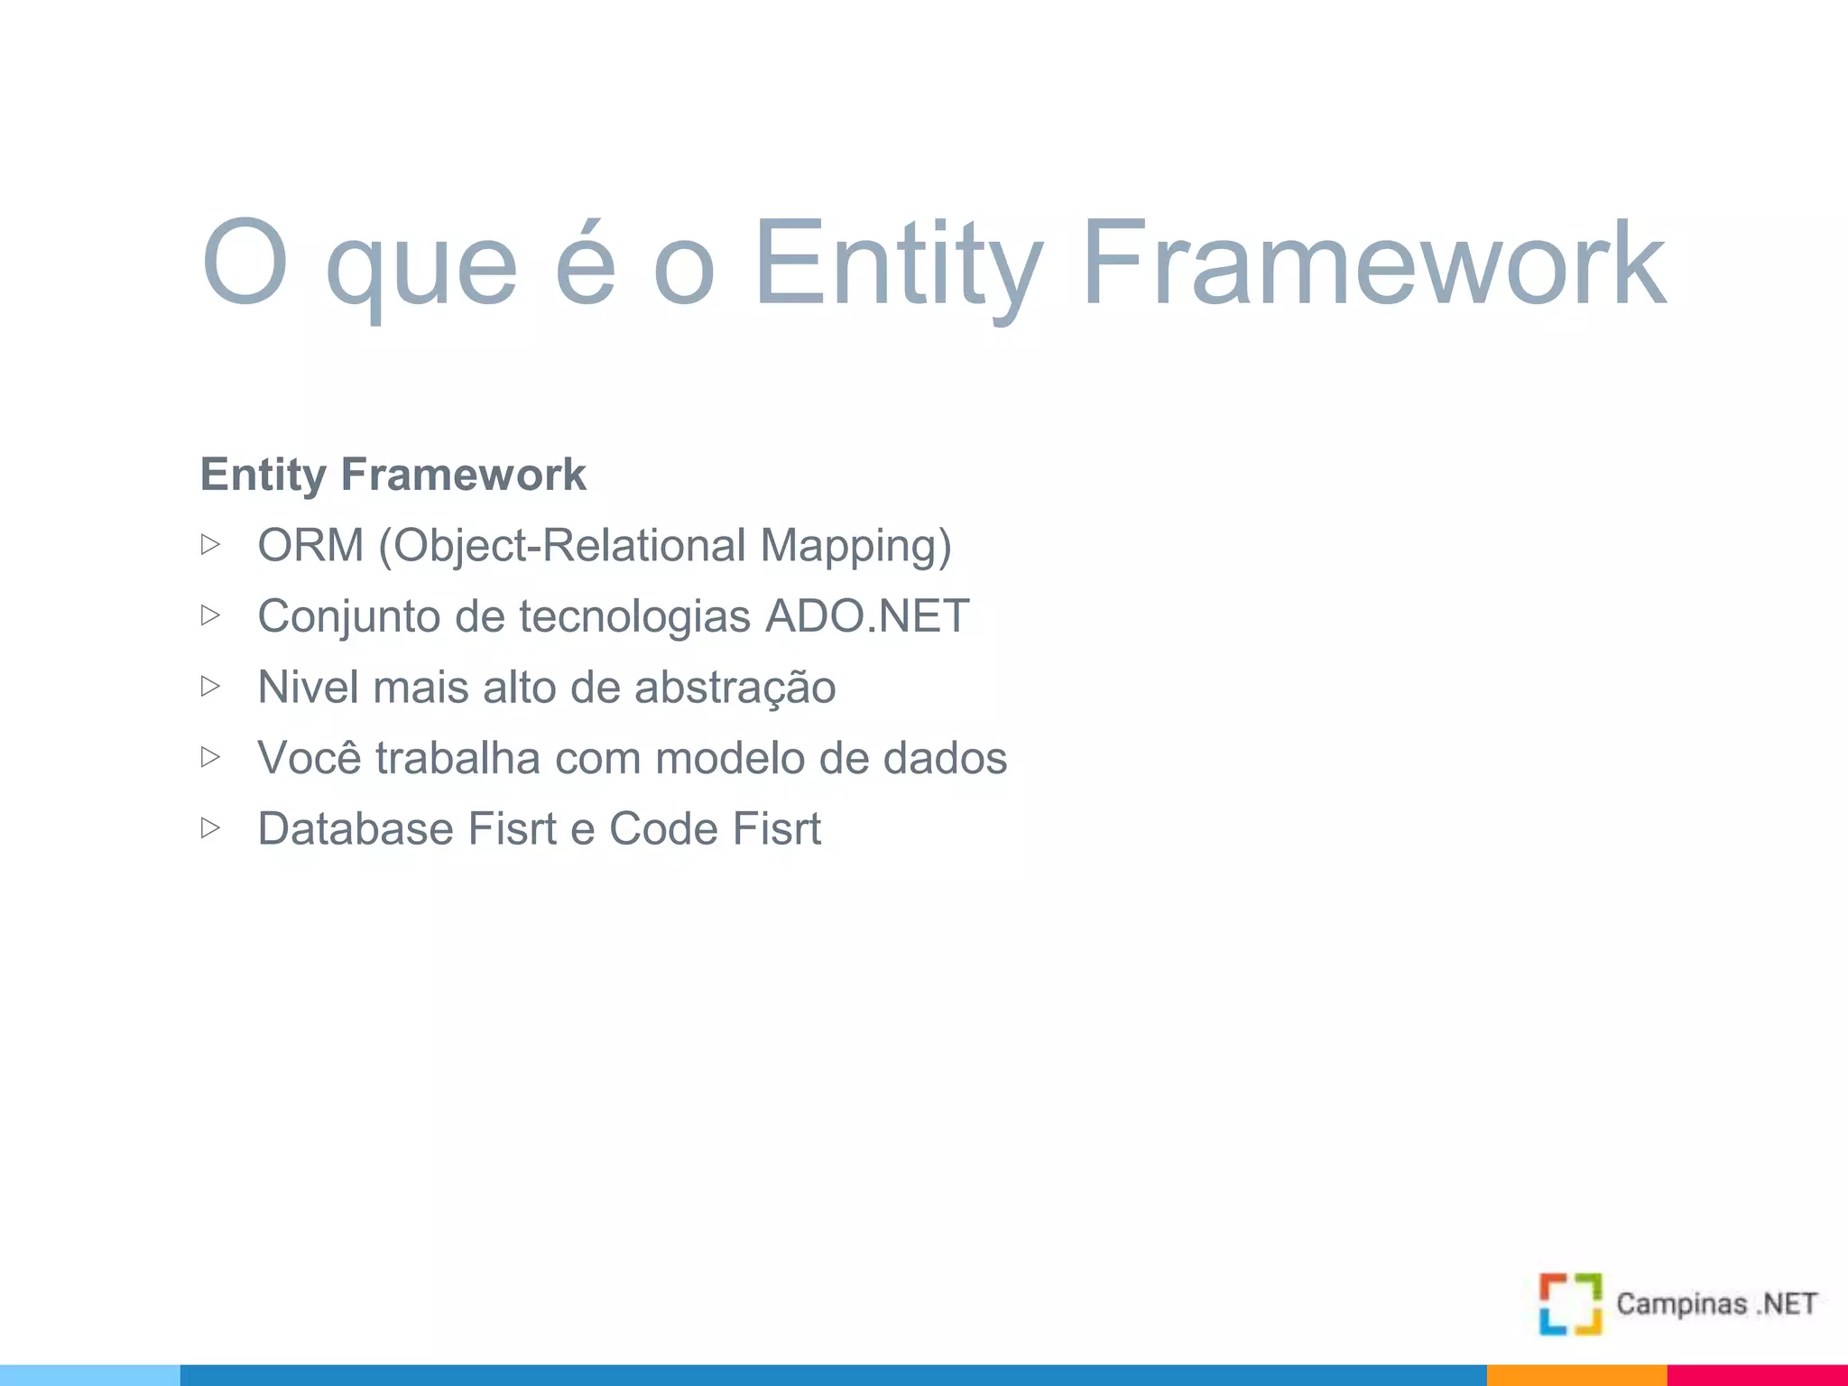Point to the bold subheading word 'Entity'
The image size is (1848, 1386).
pyautogui.click(x=263, y=476)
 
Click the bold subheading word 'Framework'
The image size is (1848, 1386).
pyautogui.click(x=463, y=475)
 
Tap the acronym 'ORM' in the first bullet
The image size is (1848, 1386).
pyautogui.click(x=310, y=545)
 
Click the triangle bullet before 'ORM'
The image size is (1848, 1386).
pyautogui.click(x=210, y=544)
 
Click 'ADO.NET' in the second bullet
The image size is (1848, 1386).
pyautogui.click(x=867, y=616)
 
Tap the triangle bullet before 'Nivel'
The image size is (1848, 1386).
pyautogui.click(x=210, y=686)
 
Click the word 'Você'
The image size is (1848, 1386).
pyautogui.click(x=310, y=757)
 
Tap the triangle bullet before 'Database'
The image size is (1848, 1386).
pyautogui.click(x=210, y=827)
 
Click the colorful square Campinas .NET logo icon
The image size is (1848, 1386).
pyautogui.click(x=1570, y=1304)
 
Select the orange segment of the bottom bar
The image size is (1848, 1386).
pyautogui.click(x=1576, y=1375)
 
